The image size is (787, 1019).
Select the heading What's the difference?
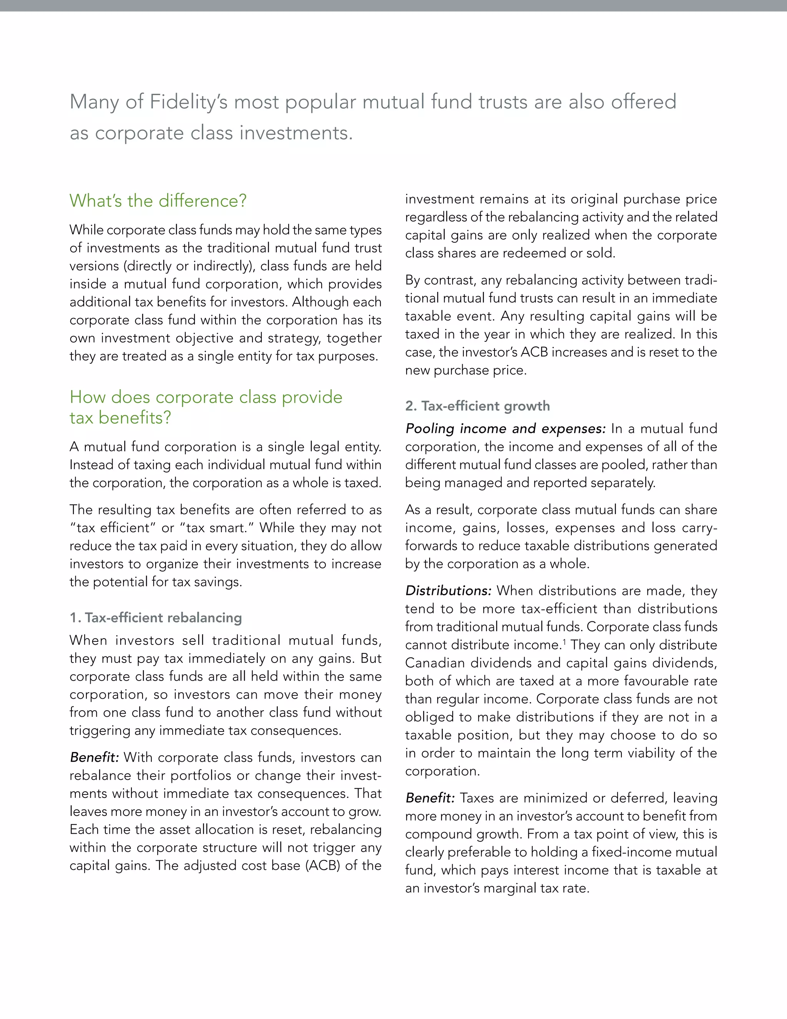[x=158, y=201]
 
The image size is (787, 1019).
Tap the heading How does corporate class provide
[x=206, y=397]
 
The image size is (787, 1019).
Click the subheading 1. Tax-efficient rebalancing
[x=156, y=618]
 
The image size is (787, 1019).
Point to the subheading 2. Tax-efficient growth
[x=477, y=406]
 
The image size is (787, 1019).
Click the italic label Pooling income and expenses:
[x=505, y=428]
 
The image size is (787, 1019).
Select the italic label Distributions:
[x=448, y=591]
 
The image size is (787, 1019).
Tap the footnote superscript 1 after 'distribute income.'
[x=564, y=642]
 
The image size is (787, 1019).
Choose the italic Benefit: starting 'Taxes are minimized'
[x=429, y=798]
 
